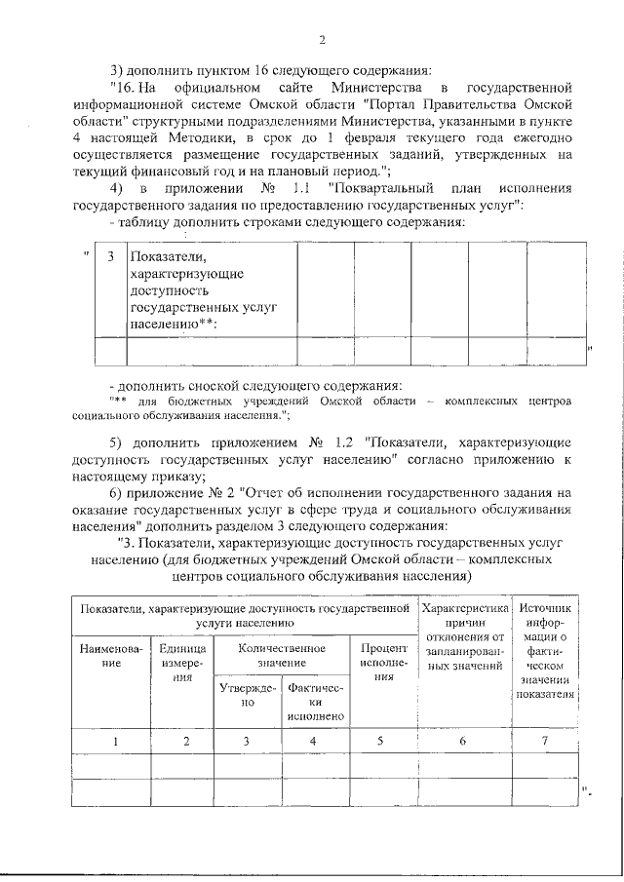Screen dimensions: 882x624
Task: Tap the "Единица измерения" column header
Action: (x=185, y=662)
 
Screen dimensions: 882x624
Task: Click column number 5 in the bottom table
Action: (x=381, y=742)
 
